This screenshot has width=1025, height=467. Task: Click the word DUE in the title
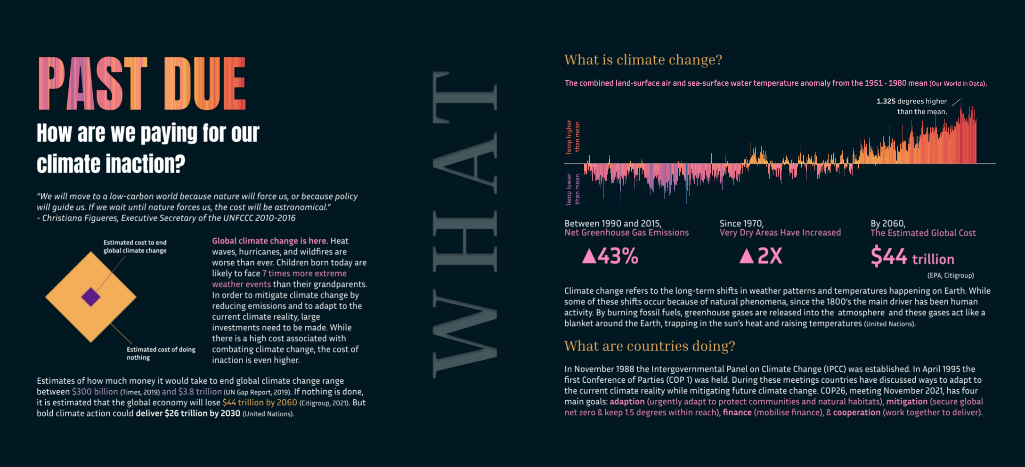pos(205,83)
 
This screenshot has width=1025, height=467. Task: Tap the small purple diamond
pos(91,297)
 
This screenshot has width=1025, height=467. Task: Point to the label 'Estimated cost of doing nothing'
pos(161,353)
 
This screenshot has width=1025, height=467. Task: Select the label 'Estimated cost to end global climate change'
pos(135,246)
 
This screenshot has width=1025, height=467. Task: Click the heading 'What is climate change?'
pos(643,60)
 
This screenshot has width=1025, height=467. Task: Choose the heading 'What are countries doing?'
pos(650,346)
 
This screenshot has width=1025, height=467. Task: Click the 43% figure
pos(618,257)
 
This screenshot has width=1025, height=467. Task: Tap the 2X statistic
pos(770,257)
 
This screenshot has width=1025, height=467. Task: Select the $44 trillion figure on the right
pos(912,257)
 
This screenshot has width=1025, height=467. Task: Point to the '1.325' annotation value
pos(886,101)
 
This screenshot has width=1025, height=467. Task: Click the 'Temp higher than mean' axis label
pos(573,137)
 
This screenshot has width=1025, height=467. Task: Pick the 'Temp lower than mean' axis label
pos(573,189)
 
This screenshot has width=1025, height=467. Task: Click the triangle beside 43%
pos(589,257)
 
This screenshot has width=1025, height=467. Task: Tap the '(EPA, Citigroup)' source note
pos(951,275)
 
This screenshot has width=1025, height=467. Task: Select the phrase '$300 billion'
pos(95,392)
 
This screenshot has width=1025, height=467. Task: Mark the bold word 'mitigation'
pos(906,402)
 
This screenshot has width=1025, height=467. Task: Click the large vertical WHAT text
pos(464,225)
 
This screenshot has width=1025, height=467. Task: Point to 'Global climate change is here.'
pos(269,241)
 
